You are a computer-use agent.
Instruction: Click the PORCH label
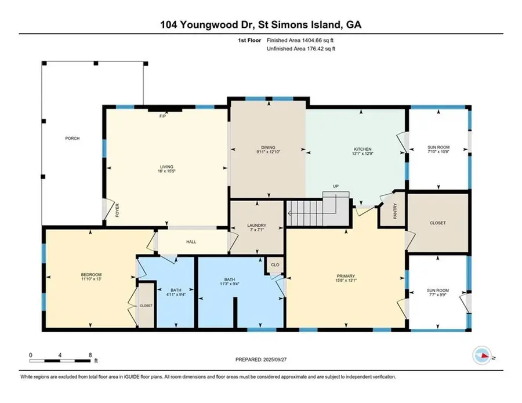[72, 138]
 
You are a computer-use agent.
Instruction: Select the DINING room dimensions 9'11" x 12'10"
[267, 153]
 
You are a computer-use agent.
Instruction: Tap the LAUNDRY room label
[256, 225]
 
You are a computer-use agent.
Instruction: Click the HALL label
[191, 242]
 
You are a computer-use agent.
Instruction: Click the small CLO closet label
[274, 265]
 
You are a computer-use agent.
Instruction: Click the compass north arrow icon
[481, 355]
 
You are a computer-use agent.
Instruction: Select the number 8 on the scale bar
[90, 354]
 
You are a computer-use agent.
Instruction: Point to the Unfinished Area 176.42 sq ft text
[300, 49]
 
